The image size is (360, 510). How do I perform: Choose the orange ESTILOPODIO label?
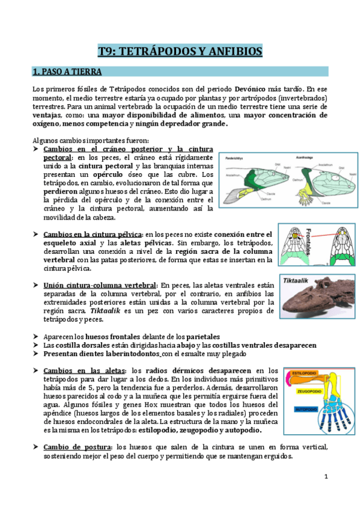point(307,373)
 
